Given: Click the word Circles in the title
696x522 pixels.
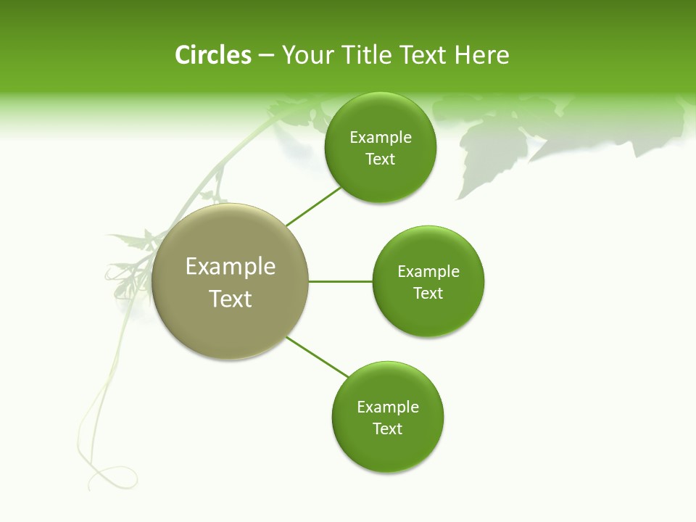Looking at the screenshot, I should coord(213,55).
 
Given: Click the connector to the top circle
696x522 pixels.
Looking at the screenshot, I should coord(313,207).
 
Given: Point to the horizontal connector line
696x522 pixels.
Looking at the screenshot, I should coord(340,281).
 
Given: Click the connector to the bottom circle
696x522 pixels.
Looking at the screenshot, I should coord(318,357).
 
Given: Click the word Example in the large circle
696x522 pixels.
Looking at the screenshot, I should coord(231,267).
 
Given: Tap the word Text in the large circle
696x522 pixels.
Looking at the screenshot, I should coord(231,299).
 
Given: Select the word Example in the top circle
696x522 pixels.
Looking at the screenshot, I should coord(380,138).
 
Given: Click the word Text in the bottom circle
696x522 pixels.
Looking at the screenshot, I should coord(388,429).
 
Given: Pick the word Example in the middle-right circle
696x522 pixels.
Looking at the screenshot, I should coord(428,272).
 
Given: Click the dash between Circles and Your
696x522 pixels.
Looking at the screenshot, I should coord(266,55).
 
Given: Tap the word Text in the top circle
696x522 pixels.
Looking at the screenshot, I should coord(380,159).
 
